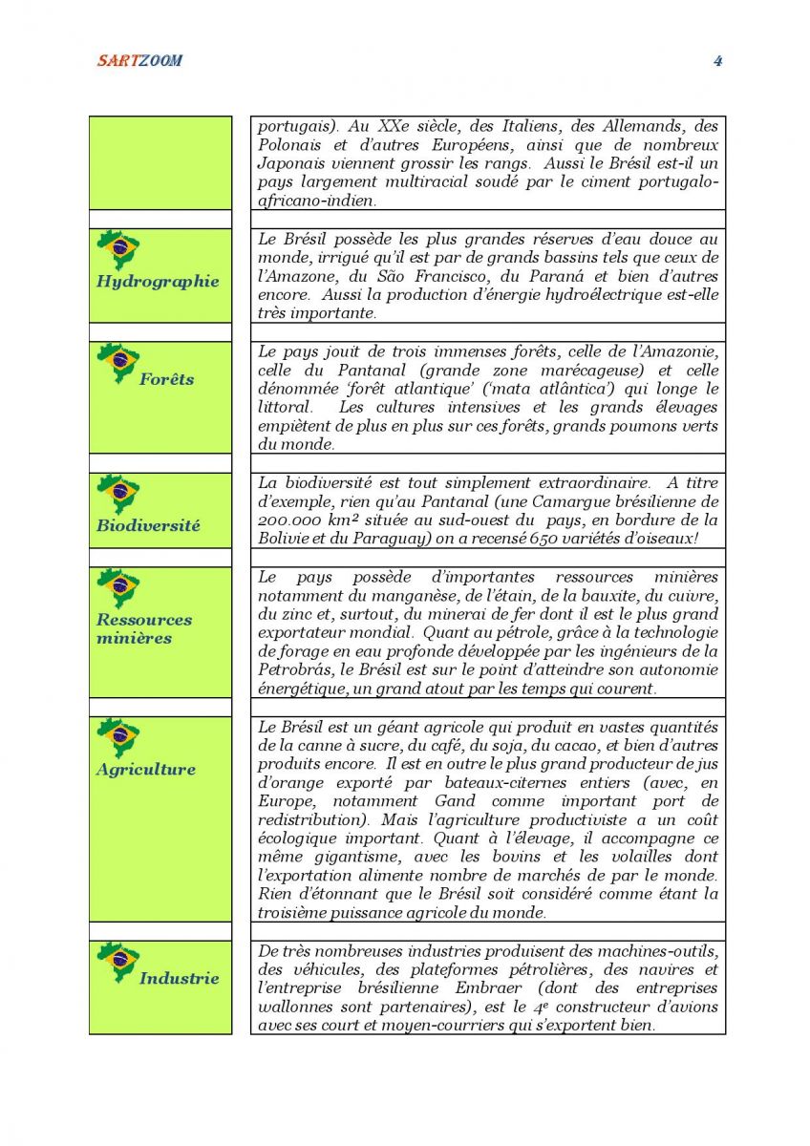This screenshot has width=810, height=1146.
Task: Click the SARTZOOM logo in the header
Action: pos(139,61)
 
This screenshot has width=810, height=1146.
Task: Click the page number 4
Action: pos(717,61)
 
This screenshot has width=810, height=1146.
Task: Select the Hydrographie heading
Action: pos(158,282)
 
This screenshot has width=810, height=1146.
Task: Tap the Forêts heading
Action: pos(166,379)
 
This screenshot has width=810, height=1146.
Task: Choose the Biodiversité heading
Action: pos(148,525)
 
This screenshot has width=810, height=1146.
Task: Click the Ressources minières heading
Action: pos(143,628)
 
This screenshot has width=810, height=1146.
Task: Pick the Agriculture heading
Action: pos(145,770)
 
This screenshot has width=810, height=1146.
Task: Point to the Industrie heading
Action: pos(179,978)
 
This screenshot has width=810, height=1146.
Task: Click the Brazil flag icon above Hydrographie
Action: pos(119,249)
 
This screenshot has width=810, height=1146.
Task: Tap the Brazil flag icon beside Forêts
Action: pos(119,363)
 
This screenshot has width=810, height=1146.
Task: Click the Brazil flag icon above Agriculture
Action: pos(119,737)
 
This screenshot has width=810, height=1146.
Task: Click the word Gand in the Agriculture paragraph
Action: pos(455,801)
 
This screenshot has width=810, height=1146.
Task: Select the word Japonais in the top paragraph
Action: pos(291,163)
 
